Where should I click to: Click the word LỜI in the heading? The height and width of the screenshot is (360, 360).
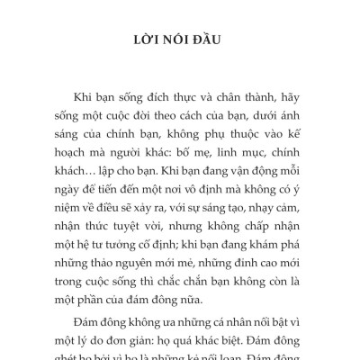tap(145, 41)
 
